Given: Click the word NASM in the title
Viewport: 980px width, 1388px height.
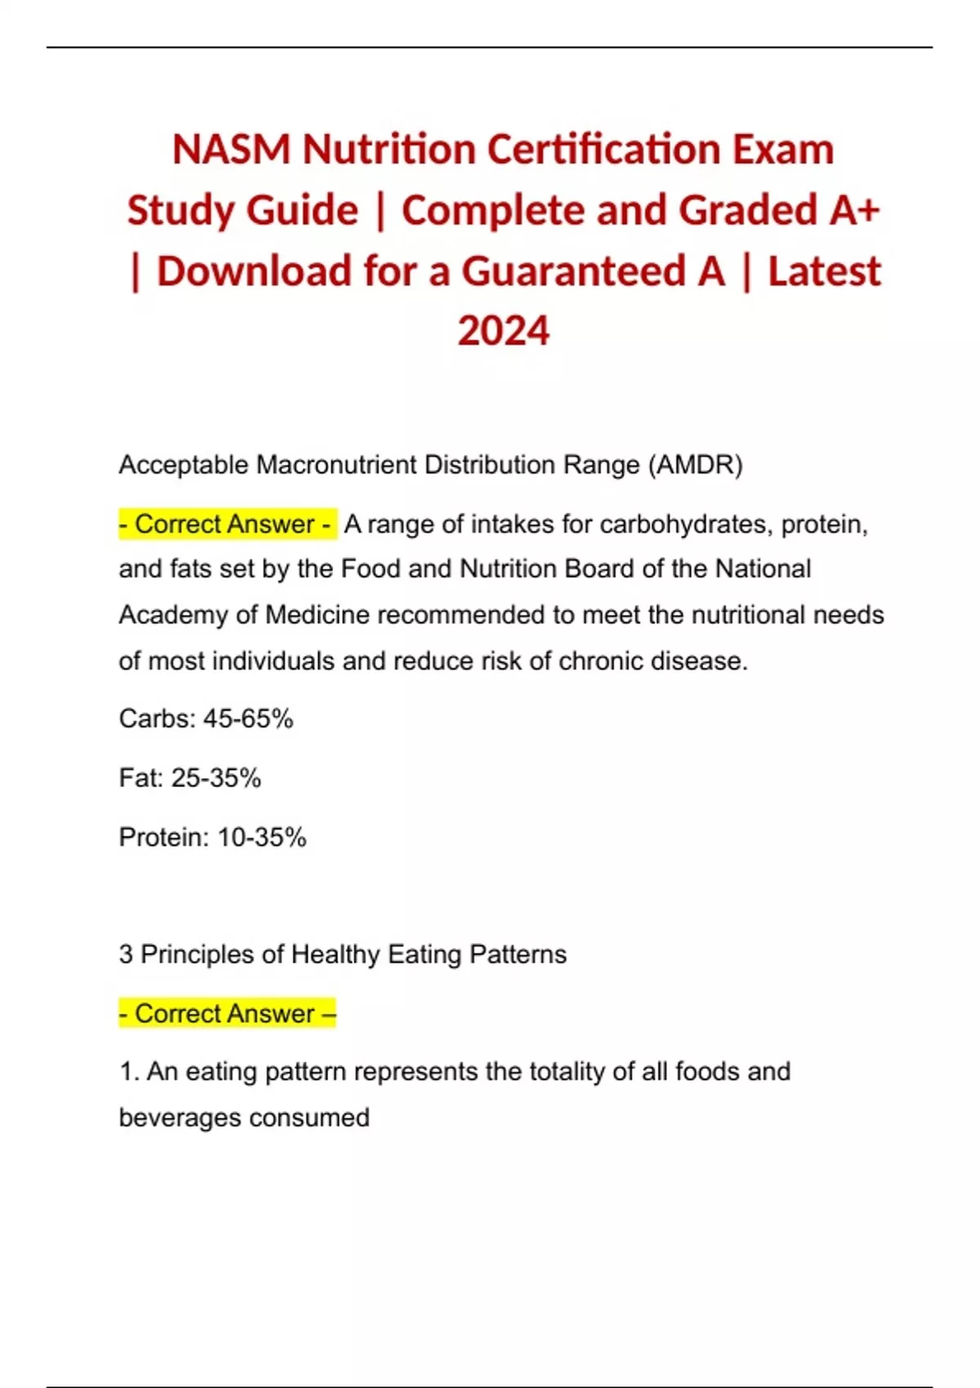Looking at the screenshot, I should tap(231, 149).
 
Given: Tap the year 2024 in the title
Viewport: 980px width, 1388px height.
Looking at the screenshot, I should tap(503, 331).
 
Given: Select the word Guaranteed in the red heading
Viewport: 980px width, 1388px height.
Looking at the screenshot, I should tap(594, 271).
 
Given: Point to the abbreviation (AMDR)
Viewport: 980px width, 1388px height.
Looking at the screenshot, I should tap(695, 465).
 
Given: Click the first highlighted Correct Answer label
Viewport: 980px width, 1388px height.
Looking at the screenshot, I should tap(225, 523).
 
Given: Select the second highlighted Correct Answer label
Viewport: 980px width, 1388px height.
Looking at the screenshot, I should tap(227, 1013).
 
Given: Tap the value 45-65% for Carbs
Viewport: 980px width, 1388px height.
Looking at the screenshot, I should tap(248, 718).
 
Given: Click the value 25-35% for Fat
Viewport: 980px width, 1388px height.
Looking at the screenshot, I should tap(216, 778).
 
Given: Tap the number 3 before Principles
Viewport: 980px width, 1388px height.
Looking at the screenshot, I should tap(126, 954).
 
